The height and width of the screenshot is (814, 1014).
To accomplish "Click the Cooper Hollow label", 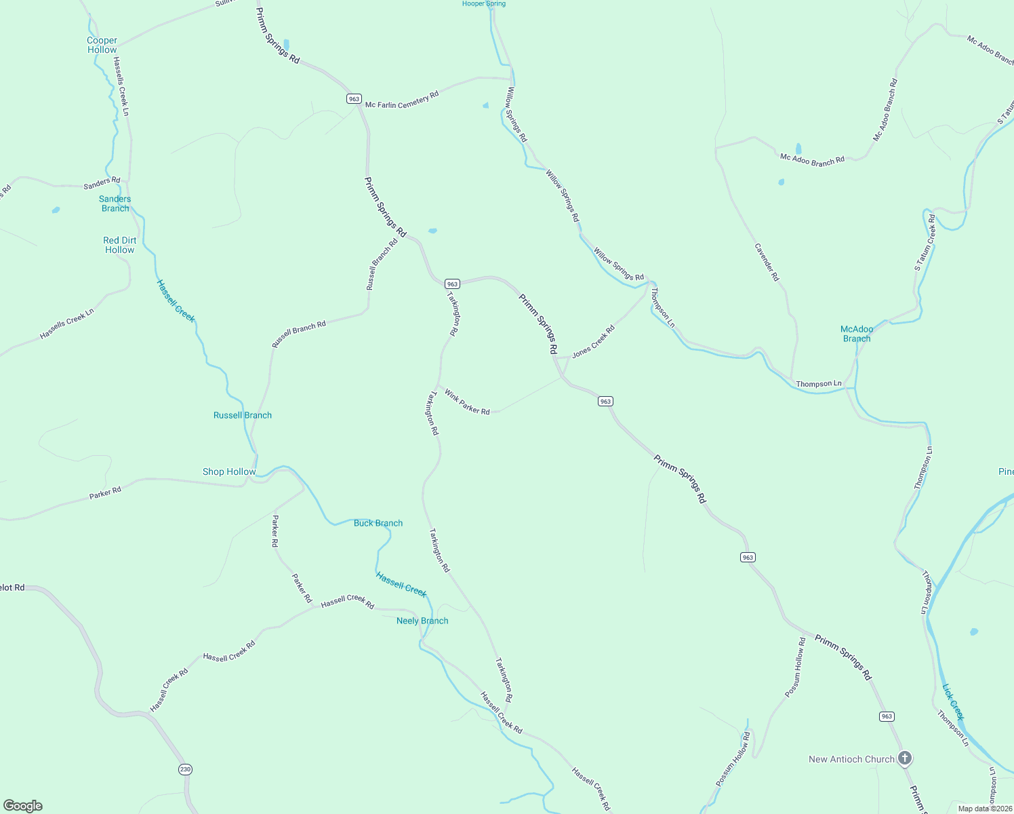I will pos(102,45).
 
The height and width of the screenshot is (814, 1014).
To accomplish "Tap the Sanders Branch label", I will pos(115,203).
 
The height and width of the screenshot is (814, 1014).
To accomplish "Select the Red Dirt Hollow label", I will pos(120,245).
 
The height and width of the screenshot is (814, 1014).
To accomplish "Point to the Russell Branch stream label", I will pos(242,415).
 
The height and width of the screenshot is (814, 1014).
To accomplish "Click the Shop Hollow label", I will pos(229,471).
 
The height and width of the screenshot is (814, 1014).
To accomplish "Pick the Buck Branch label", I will pos(378,523).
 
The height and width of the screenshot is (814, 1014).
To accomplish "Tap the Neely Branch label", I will pos(422,621).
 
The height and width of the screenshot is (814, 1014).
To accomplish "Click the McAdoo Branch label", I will pos(857,334).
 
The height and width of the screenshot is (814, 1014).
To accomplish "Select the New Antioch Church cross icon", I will pos(905,758).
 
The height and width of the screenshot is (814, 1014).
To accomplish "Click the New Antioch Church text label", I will pos(851,759).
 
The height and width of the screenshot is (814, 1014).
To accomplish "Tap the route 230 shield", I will pos(186,769).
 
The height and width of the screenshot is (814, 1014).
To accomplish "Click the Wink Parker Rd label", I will pos(467,402).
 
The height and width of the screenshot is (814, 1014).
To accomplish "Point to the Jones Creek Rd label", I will pos(593,341).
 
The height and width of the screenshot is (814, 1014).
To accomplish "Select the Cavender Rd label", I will pos(767,263).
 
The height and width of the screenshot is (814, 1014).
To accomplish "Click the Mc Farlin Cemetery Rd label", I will pos(402,100).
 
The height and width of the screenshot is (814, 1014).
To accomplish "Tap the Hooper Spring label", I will pos(484,4).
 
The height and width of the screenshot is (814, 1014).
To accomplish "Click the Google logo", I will pos(23,806).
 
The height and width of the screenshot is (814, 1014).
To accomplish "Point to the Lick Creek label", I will pos(953,701).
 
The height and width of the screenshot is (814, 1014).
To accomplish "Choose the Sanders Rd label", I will pos(102,183).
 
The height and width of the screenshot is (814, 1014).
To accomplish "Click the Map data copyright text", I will pos(985,809).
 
